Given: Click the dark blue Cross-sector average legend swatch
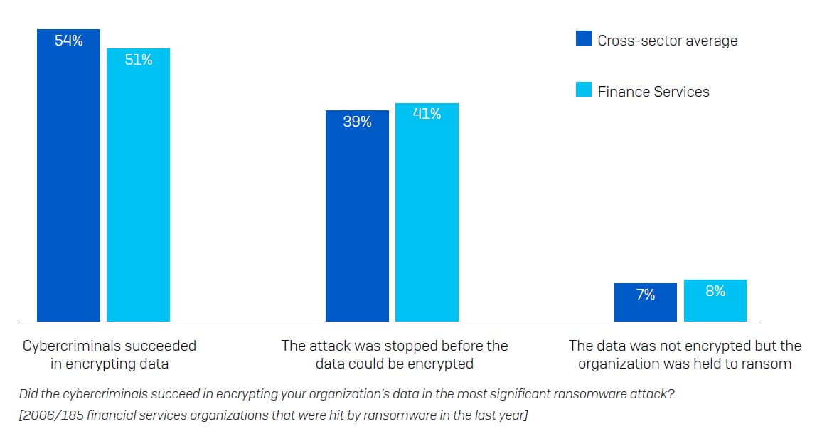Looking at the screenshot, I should pyautogui.click(x=583, y=38).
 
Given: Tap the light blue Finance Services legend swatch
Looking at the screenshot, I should pyautogui.click(x=583, y=90).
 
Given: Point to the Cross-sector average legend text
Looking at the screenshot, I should pyautogui.click(x=667, y=41).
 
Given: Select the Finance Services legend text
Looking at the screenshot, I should pyautogui.click(x=653, y=92).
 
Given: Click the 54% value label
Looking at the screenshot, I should pyautogui.click(x=68, y=41).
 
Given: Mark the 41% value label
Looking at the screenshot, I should pyautogui.click(x=427, y=114).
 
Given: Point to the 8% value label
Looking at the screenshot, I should pyautogui.click(x=715, y=291).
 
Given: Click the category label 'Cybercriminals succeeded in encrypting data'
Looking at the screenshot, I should pyautogui.click(x=110, y=355).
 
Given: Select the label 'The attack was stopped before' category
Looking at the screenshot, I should pyautogui.click(x=395, y=346).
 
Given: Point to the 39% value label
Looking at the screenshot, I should pyautogui.click(x=357, y=122).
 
